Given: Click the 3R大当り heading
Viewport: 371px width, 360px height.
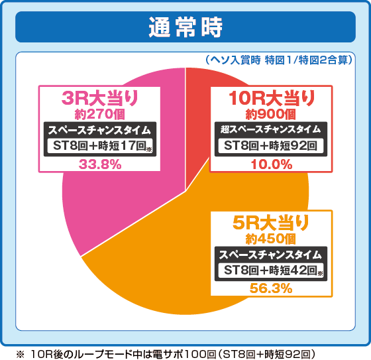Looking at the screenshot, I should coord(99,98).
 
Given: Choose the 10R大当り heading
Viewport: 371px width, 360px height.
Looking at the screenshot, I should coord(270,98).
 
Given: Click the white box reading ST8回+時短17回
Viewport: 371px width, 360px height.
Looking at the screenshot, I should coord(99,147).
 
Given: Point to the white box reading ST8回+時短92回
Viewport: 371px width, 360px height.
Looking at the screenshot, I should coord(270,147).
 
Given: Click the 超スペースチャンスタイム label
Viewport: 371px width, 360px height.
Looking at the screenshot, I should coord(270,129).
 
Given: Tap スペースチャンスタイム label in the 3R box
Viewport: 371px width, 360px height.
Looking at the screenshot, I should coord(99,129).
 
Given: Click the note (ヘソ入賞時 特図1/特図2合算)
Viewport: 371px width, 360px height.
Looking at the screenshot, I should coord(278,60).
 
